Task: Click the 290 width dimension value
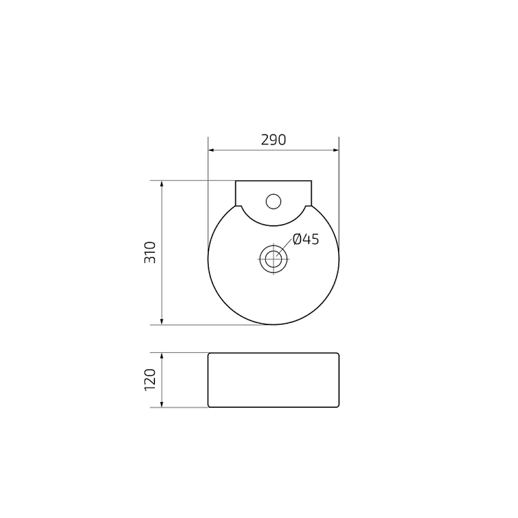click(x=273, y=140)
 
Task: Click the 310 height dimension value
click(x=150, y=252)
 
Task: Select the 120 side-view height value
click(x=150, y=380)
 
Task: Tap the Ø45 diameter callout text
click(x=306, y=239)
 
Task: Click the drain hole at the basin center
click(x=272, y=257)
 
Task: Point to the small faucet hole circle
click(x=273, y=200)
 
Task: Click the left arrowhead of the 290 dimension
click(x=211, y=151)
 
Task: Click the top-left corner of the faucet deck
click(x=236, y=181)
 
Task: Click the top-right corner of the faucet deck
click(x=311, y=181)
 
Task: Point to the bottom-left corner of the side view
click(x=209, y=407)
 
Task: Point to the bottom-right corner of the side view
click(x=338, y=407)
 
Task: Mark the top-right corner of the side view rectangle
click(x=338, y=354)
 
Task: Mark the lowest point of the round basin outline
click(x=273, y=325)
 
